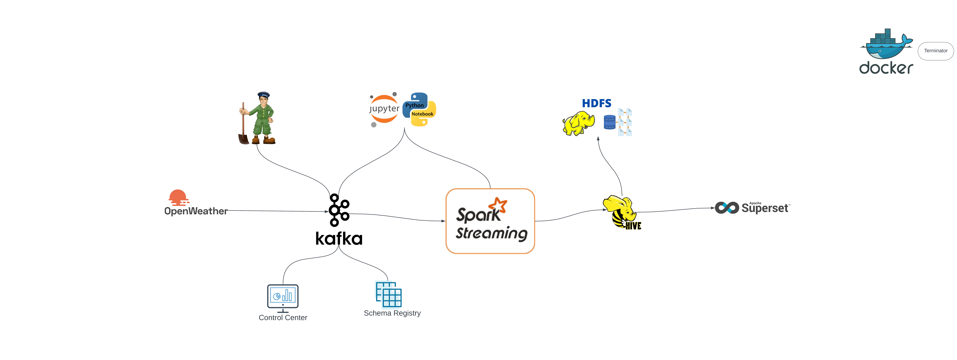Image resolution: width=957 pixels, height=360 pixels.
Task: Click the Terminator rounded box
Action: click(935, 51)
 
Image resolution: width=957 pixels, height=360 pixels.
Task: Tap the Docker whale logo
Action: click(886, 45)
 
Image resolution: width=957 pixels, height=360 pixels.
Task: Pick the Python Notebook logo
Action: click(419, 110)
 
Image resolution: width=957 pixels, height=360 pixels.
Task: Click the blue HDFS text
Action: click(596, 103)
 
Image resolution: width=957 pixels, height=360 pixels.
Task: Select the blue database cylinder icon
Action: click(609, 122)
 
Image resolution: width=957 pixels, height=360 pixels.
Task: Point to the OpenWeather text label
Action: click(196, 211)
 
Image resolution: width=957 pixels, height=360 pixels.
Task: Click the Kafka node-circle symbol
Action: click(338, 210)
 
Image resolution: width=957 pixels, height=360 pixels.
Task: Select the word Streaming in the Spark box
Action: click(491, 233)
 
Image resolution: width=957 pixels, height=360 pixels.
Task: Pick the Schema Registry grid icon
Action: click(388, 294)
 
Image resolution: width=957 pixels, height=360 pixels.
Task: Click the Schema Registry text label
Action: click(392, 313)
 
